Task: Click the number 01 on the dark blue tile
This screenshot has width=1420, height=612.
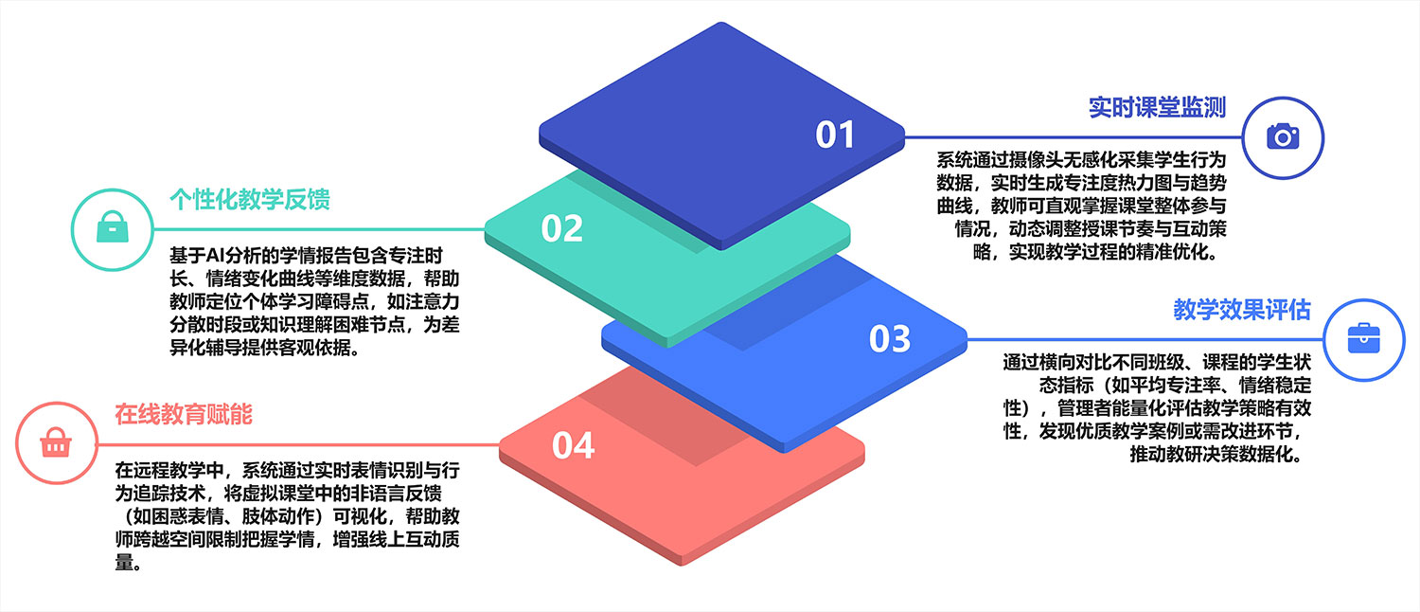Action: click(x=835, y=135)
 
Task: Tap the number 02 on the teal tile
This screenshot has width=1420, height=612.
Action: click(x=561, y=228)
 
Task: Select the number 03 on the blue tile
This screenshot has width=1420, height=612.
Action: click(x=889, y=338)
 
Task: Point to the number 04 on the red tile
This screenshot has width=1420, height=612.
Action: click(x=573, y=444)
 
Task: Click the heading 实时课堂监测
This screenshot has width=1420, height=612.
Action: click(x=1157, y=107)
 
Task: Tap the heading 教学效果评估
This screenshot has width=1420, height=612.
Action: click(x=1242, y=310)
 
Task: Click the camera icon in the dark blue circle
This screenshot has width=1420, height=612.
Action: click(x=1283, y=137)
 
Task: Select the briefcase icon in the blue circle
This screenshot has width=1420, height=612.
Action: click(x=1364, y=338)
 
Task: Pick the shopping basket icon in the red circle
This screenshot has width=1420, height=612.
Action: click(x=56, y=443)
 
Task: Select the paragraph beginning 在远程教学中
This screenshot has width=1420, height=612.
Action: click(x=288, y=517)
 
